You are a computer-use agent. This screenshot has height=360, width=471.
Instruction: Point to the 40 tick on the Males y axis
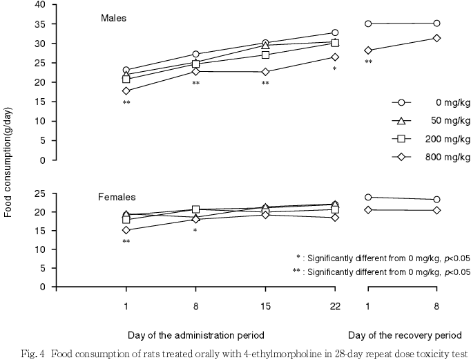41,5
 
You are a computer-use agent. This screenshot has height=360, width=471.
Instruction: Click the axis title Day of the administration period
195,335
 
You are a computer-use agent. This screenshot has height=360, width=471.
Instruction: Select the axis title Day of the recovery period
404,335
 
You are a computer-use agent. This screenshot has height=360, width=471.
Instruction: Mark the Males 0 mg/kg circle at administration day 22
335,32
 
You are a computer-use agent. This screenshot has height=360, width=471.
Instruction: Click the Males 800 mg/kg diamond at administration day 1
126,91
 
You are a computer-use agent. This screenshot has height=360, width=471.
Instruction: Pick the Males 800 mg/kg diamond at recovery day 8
436,38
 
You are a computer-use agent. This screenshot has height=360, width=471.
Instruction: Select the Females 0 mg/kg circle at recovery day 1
368,197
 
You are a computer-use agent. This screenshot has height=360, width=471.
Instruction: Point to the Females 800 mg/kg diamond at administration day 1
126,230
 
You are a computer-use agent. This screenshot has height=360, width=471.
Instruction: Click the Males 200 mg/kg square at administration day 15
265,55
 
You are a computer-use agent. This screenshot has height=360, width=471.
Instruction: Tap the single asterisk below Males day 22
334,69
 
